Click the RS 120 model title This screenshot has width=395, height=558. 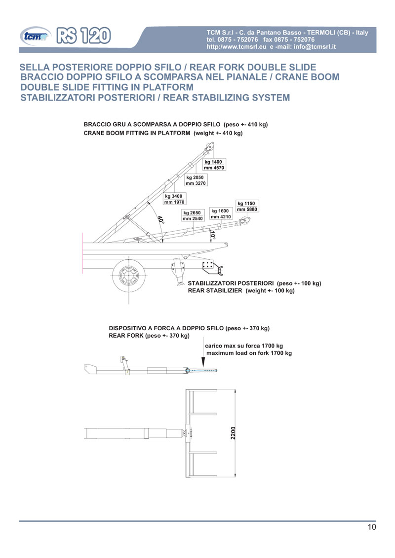[x=83, y=35]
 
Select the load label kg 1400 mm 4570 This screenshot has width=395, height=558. [x=214, y=165]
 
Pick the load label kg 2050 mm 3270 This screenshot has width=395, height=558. [x=195, y=180]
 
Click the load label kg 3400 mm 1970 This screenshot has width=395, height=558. [x=174, y=199]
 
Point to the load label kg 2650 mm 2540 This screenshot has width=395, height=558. [x=193, y=215]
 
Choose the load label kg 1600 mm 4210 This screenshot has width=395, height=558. [x=220, y=213]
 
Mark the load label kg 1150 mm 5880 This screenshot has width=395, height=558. [x=247, y=206]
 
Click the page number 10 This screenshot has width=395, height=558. [x=372, y=527]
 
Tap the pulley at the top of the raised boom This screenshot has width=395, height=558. [x=209, y=146]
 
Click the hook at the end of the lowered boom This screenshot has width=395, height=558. [x=243, y=224]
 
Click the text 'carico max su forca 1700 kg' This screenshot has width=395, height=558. [x=244, y=346]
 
